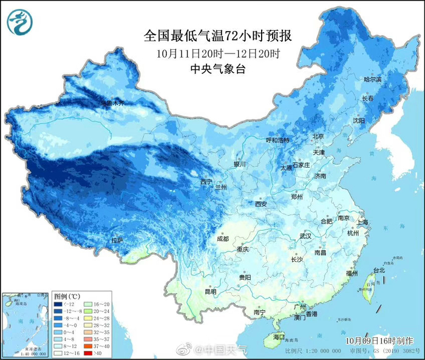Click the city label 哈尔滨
[x=372, y=80]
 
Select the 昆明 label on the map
[x=211, y=291]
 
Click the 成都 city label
[x=223, y=239]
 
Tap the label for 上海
[x=363, y=222]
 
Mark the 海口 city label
[x=279, y=336]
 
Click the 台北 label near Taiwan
[x=378, y=269]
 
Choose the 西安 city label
[x=261, y=204]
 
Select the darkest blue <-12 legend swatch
[x=58, y=304]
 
